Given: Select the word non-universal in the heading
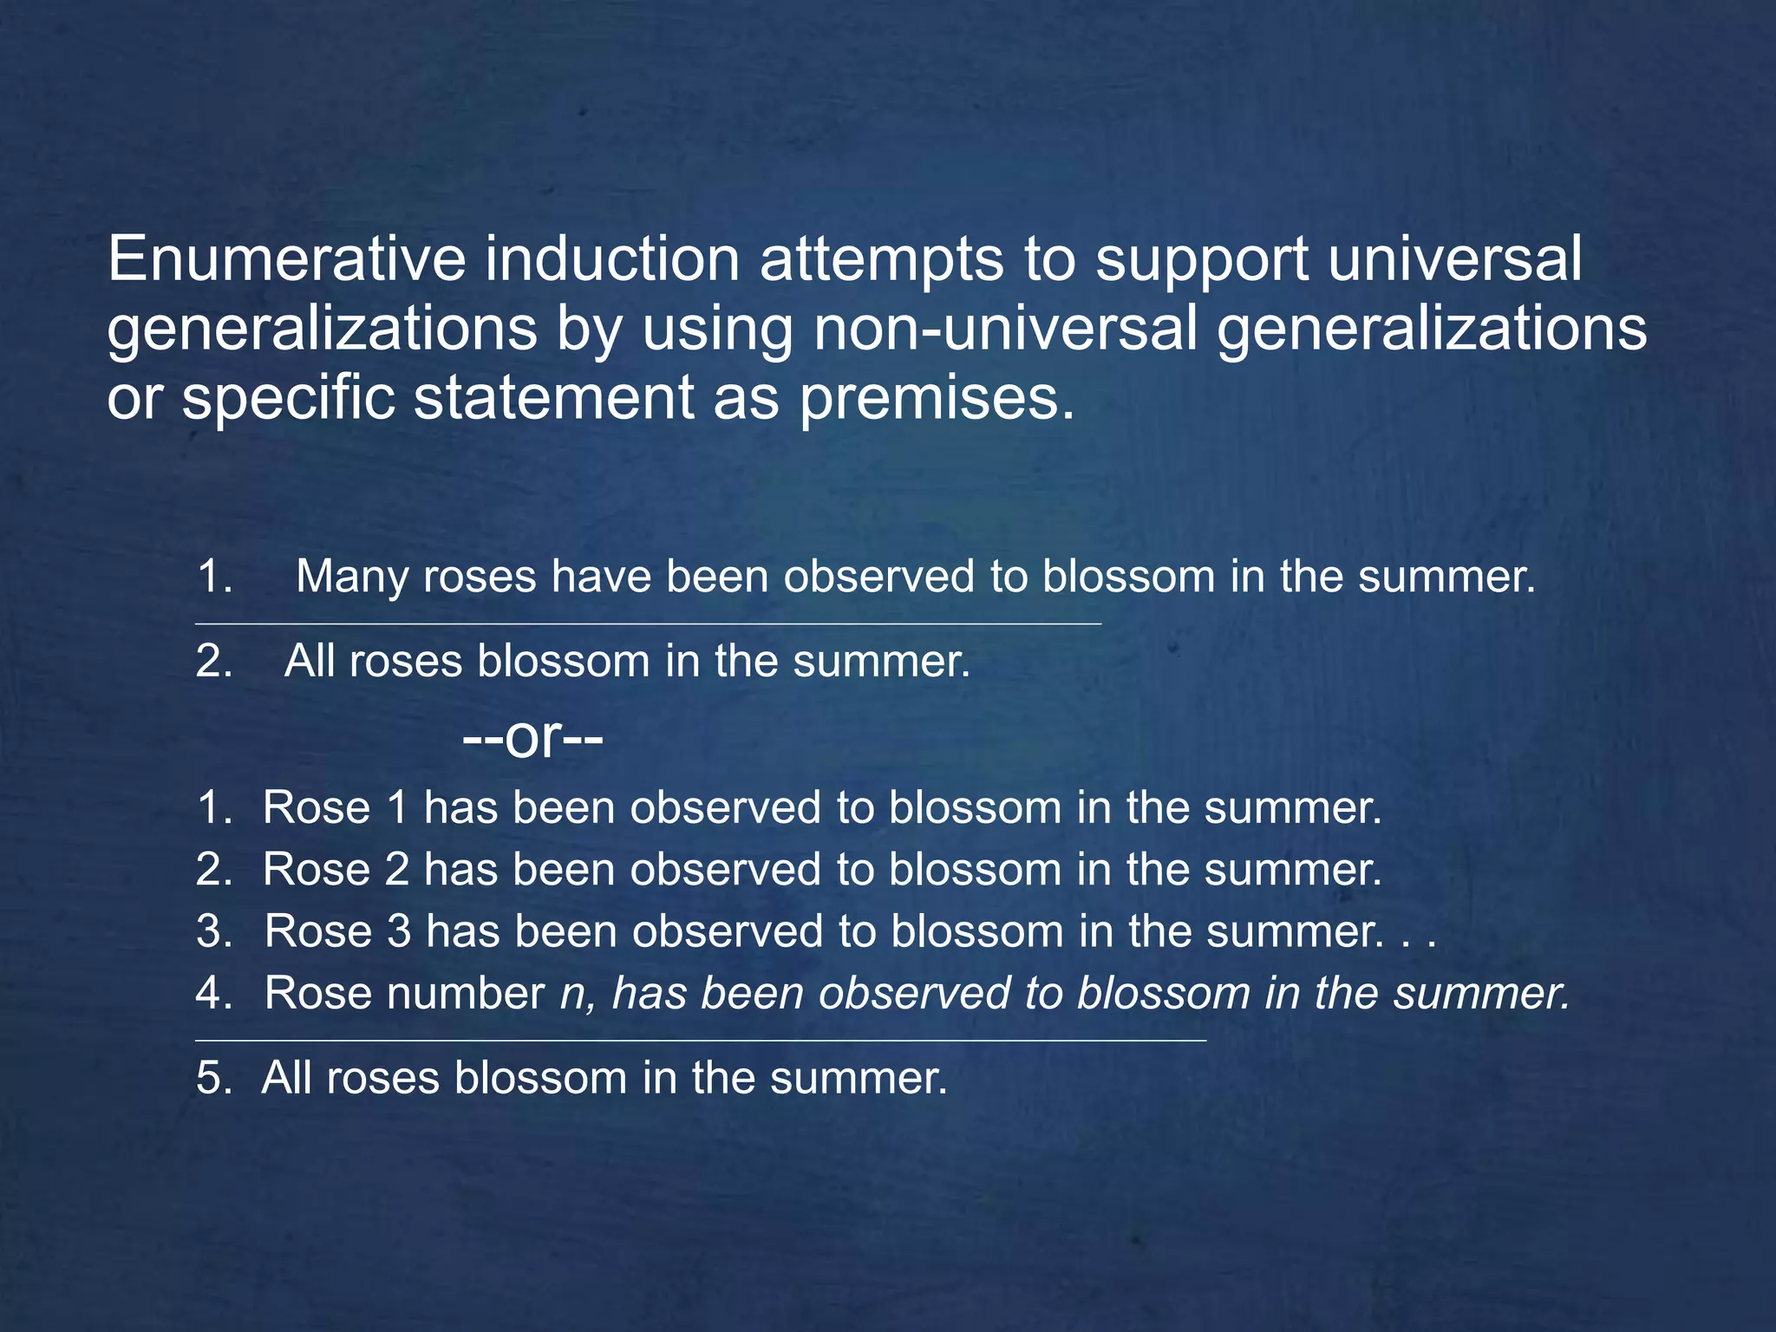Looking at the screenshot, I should click(1005, 329).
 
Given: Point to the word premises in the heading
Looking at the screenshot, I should click(937, 399).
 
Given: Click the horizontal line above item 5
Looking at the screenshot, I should click(701, 1040).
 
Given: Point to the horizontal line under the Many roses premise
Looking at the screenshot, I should click(648, 624).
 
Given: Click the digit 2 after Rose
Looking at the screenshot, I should click(397, 870).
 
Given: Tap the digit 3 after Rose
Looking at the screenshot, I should click(399, 931).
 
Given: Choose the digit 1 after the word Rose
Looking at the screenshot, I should click(397, 808).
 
